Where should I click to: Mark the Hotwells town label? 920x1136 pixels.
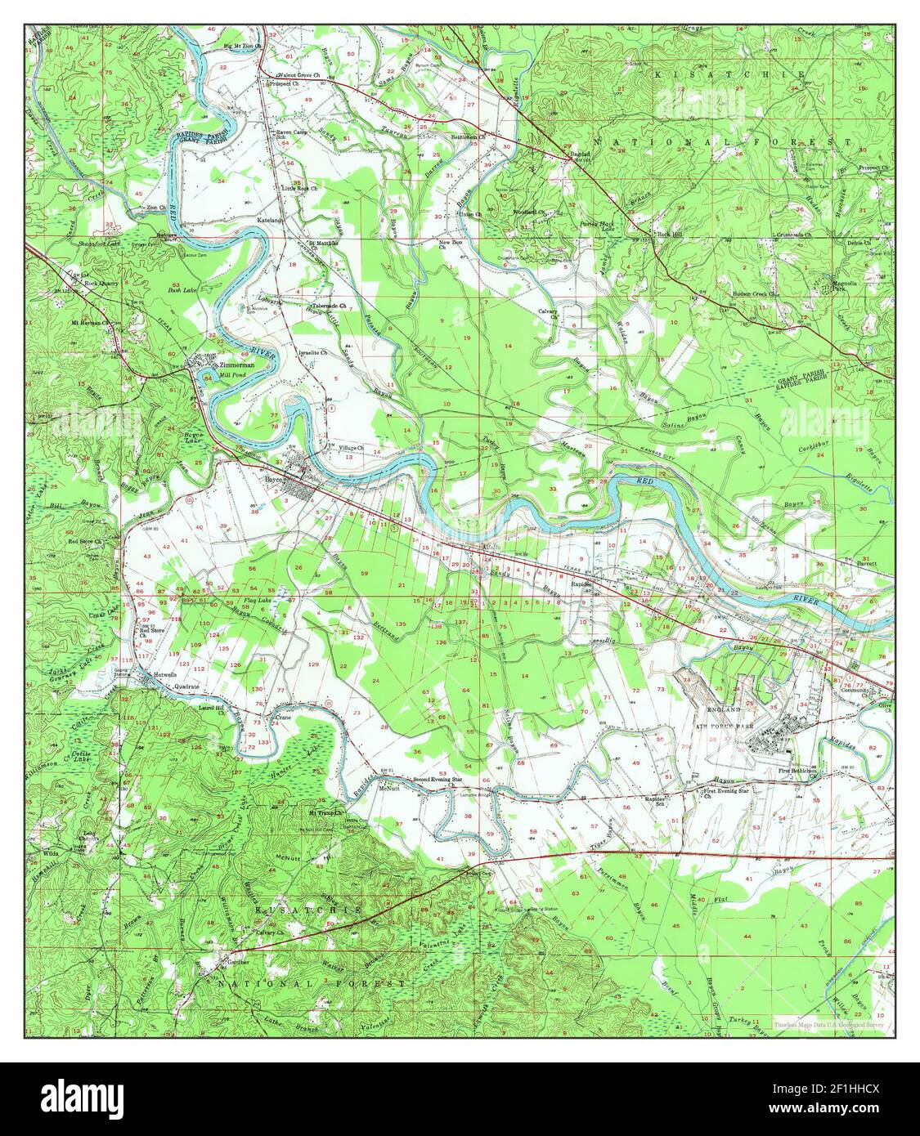tap(167, 675)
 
